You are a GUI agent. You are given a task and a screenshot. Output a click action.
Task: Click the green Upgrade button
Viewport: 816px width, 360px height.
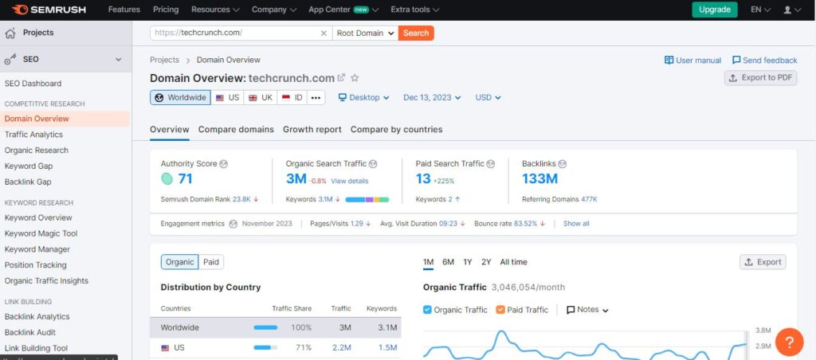pos(714,10)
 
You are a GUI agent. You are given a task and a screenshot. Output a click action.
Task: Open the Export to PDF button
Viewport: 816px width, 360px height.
pos(760,77)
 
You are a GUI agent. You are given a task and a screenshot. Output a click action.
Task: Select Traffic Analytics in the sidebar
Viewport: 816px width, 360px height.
pos(33,135)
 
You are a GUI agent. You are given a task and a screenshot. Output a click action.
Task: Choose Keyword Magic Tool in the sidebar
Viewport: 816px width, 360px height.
pos(41,233)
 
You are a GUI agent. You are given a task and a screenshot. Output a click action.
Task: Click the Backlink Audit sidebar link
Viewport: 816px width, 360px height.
pos(30,332)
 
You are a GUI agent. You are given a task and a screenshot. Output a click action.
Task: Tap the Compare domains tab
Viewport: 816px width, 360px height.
pos(236,129)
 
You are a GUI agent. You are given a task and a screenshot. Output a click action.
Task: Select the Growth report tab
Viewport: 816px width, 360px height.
pos(312,129)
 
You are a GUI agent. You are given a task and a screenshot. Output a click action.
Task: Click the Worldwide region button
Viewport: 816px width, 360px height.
pos(180,97)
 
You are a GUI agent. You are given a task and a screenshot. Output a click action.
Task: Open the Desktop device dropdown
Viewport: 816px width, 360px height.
pos(363,97)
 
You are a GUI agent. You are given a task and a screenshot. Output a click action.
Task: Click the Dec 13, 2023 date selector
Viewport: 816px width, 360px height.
pos(433,97)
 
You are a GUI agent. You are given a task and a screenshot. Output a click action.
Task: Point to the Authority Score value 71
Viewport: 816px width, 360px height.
pos(185,179)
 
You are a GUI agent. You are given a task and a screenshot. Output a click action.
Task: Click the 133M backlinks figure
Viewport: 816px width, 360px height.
pos(539,179)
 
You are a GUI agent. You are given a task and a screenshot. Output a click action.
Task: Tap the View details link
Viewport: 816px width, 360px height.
pos(349,181)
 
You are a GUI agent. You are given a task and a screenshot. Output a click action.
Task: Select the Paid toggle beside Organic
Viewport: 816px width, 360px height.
pos(211,262)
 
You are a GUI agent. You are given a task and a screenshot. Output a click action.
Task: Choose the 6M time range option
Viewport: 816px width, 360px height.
pos(448,262)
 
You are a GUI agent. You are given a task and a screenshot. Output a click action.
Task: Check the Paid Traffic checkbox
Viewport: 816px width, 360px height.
pos(500,310)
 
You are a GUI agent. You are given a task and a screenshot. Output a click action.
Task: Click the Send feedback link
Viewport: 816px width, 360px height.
pos(763,61)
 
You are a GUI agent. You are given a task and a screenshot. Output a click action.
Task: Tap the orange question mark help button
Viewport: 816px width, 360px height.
pos(788,342)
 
